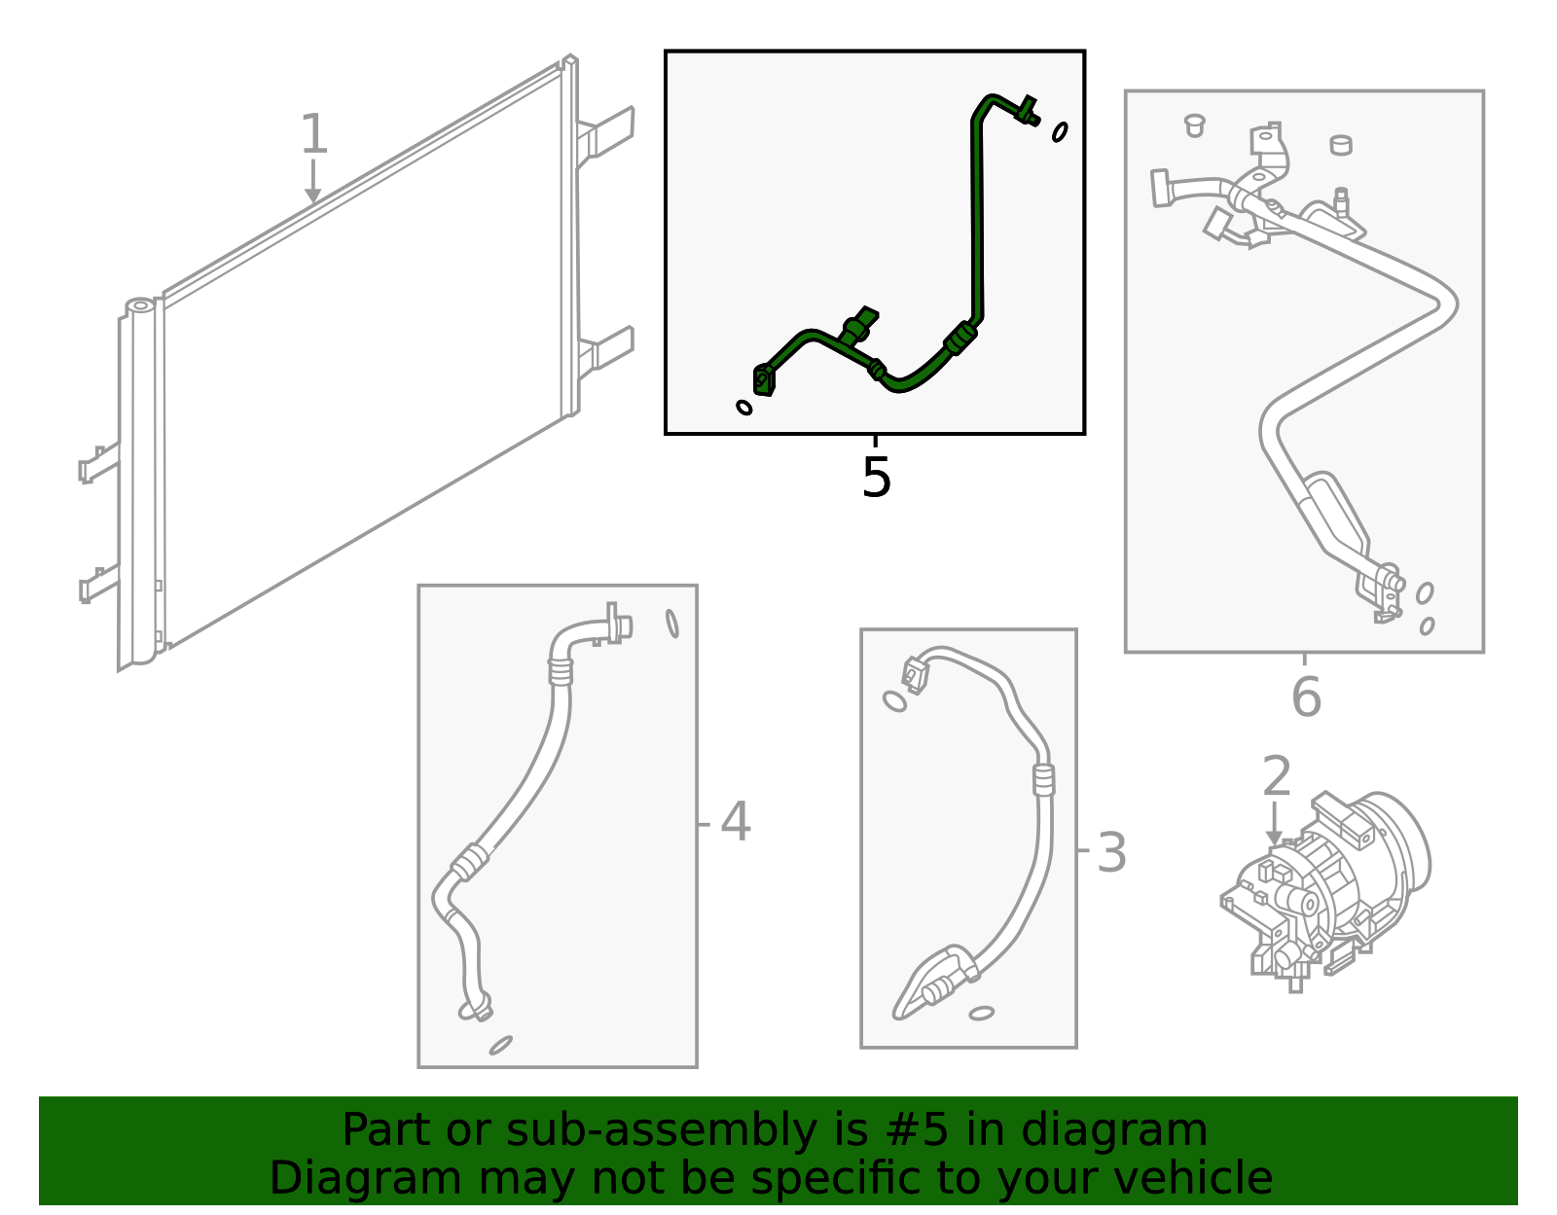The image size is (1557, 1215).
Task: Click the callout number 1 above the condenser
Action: [x=312, y=135]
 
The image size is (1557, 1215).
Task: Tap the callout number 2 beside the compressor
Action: [x=1276, y=776]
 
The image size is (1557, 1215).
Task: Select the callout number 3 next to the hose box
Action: [x=1111, y=853]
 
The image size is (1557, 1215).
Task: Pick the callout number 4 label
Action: [x=735, y=822]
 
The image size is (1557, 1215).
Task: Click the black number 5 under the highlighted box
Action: [x=876, y=478]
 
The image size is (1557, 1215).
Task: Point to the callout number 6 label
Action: [x=1306, y=697]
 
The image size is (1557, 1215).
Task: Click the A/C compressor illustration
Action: [x=1329, y=890]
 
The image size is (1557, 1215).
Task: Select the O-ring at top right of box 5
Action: [x=1060, y=131]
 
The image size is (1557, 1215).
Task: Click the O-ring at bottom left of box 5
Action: [x=744, y=408]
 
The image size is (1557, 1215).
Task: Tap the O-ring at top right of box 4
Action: [x=672, y=624]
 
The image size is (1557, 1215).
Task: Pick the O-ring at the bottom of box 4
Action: [x=501, y=1045]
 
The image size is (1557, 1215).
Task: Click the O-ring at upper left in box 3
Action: [x=894, y=700]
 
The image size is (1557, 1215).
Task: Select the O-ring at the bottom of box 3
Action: [x=981, y=1014]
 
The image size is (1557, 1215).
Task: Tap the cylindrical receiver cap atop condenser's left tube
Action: [x=140, y=306]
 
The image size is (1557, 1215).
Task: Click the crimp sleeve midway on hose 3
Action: [x=1043, y=779]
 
